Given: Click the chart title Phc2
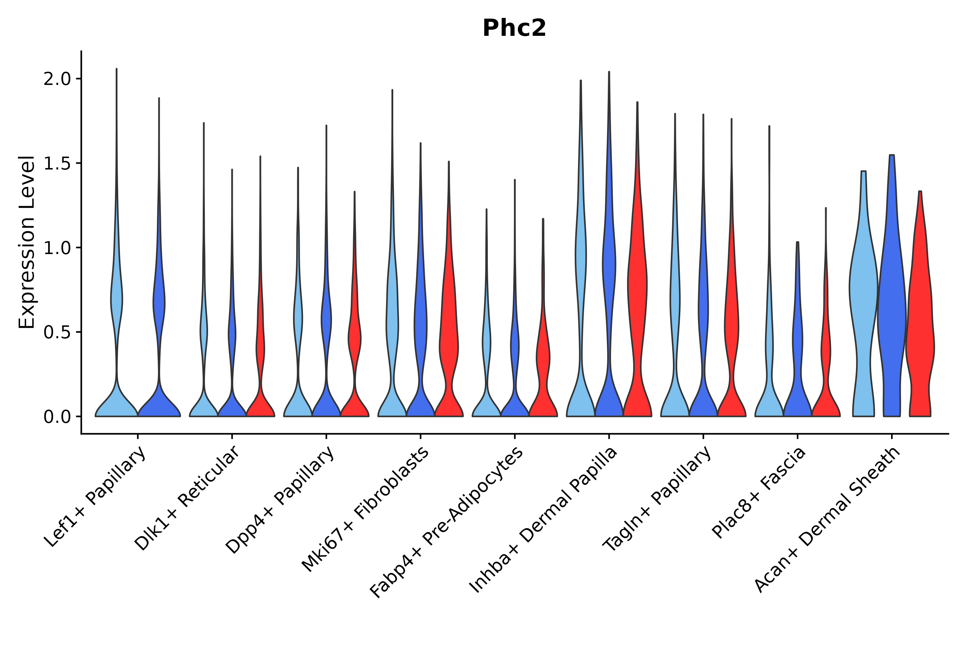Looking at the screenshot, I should [x=514, y=28].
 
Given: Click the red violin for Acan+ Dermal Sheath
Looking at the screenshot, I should [x=921, y=329].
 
